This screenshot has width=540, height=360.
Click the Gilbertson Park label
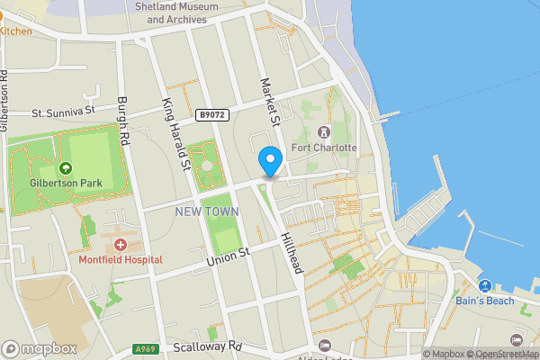click(66, 183)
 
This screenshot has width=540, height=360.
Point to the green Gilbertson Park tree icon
click(65, 167)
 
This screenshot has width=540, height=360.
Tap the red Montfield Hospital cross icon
click(120, 245)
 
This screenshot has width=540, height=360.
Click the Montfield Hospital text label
click(120, 259)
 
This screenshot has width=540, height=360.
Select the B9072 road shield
click(211, 115)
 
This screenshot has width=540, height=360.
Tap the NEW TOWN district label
click(207, 211)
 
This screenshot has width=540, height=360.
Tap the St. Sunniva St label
click(63, 112)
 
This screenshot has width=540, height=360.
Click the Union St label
click(227, 257)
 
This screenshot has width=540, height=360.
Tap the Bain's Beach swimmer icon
click(484, 286)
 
